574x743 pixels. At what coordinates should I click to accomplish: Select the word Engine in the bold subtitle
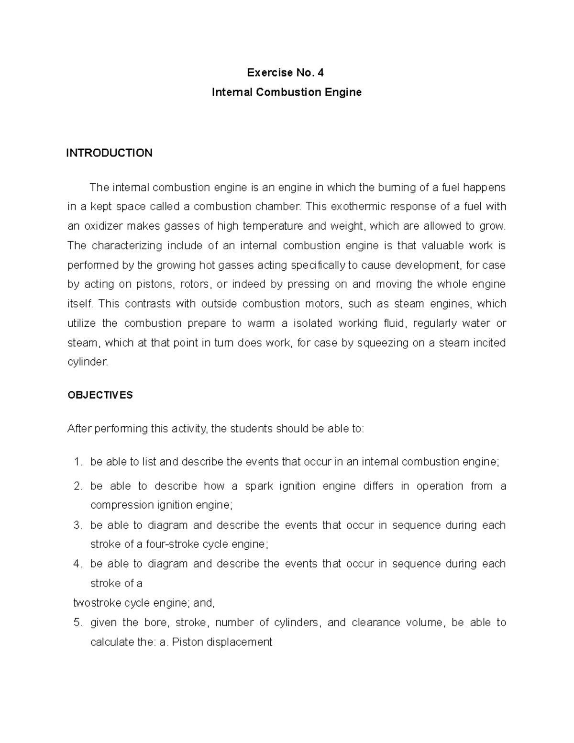343,92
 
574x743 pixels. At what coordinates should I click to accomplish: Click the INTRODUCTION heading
109,153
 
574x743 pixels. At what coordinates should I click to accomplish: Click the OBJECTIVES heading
100,395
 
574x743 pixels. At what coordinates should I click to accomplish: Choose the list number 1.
78,462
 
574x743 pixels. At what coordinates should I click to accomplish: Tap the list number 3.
78,525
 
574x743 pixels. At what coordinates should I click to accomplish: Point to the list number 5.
78,623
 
